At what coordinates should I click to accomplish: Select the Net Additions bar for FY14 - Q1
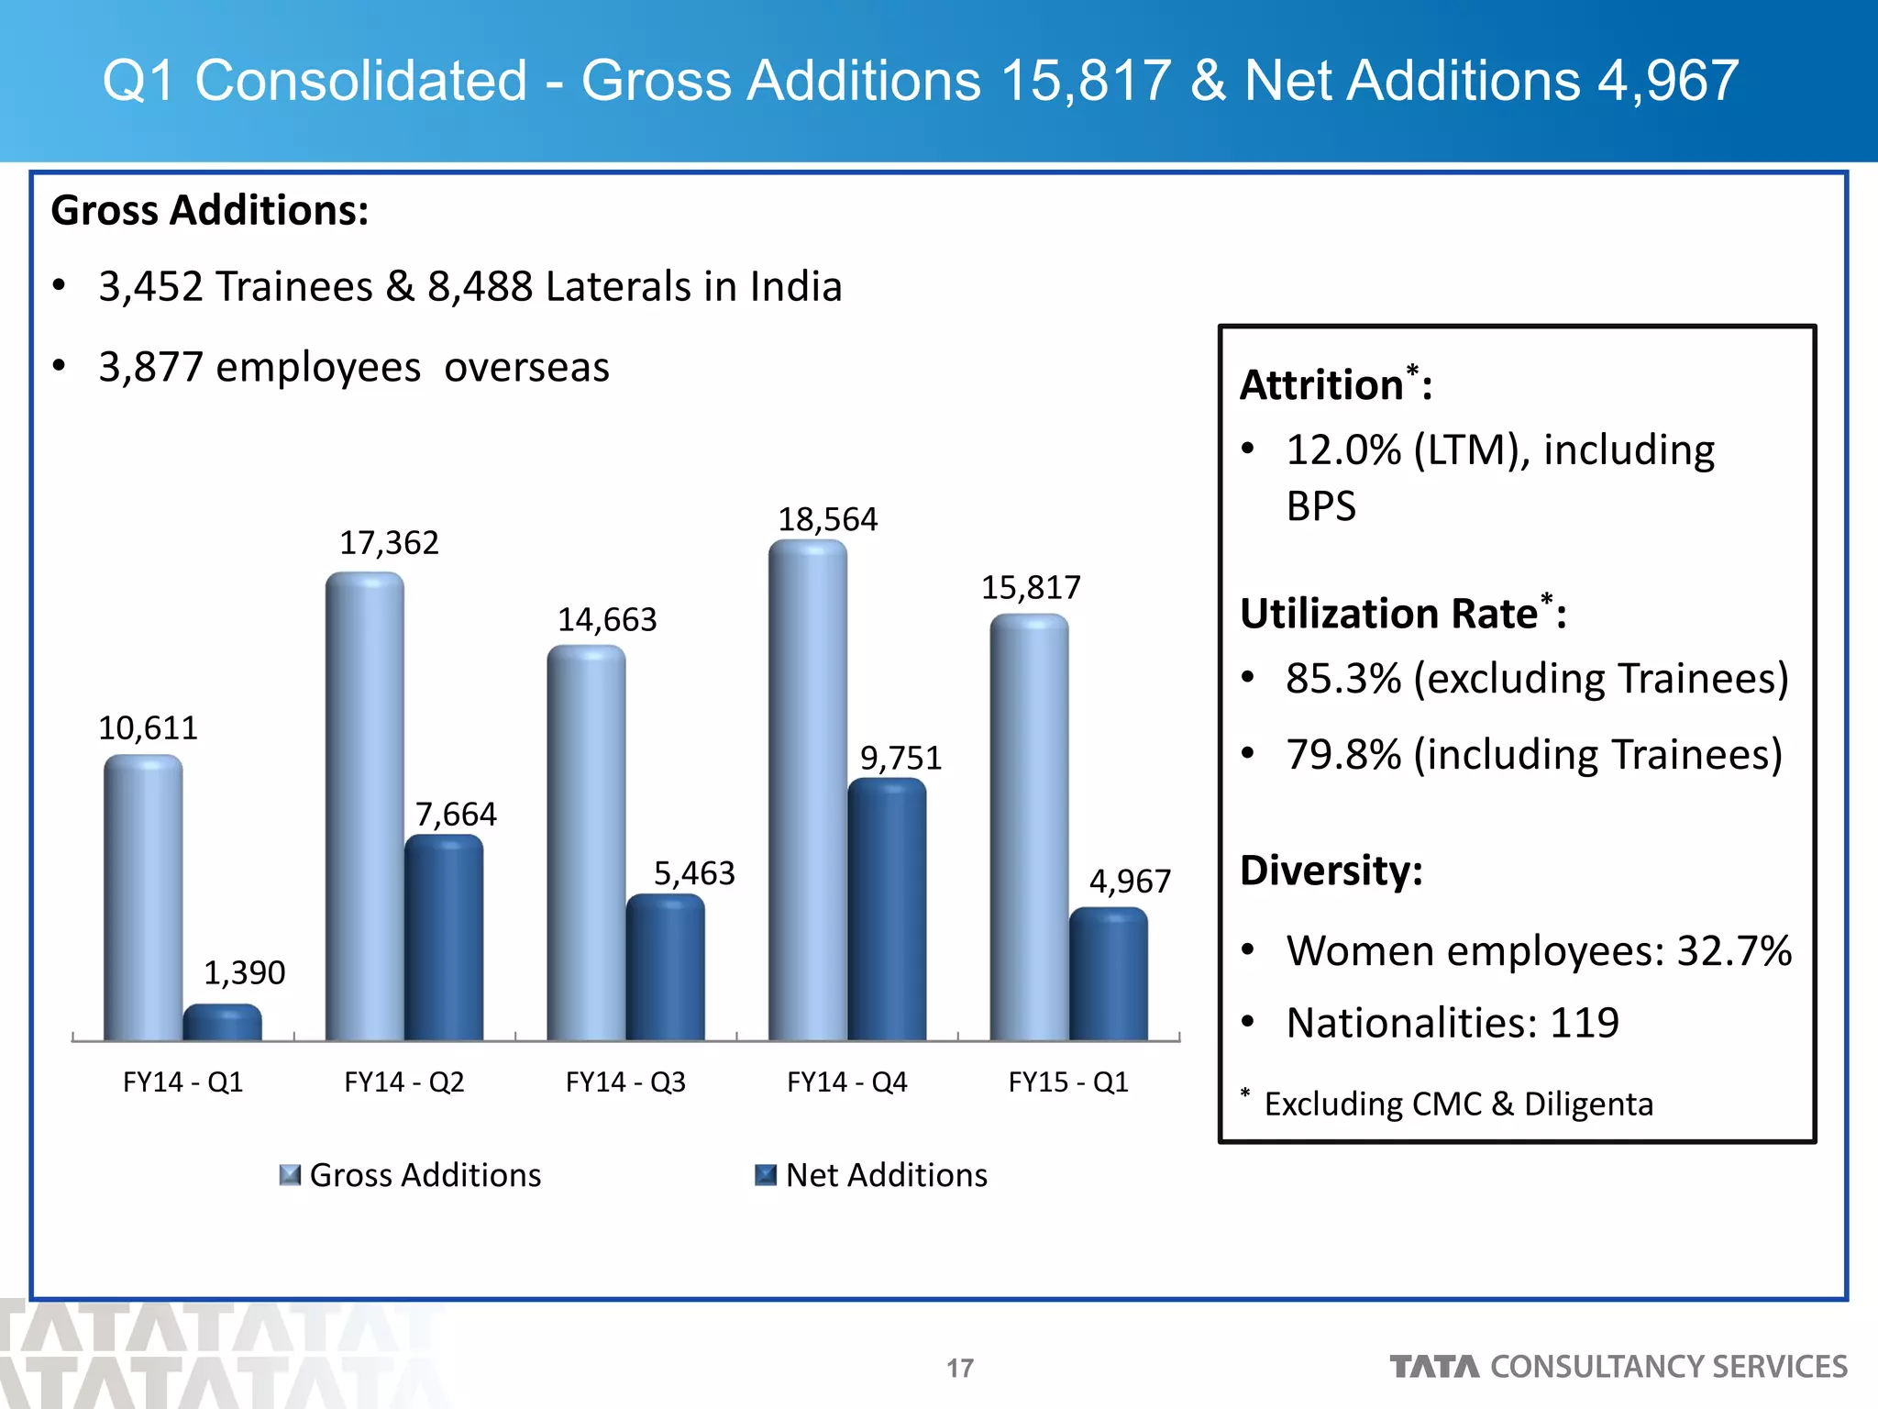click(x=222, y=1023)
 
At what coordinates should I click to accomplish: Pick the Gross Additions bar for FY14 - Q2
click(x=364, y=807)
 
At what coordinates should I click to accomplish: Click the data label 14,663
click(x=607, y=620)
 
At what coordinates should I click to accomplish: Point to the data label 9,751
click(x=900, y=758)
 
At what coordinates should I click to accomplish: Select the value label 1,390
click(x=244, y=972)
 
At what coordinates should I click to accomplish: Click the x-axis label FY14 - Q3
click(x=625, y=1082)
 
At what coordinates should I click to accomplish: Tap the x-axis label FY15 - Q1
click(x=1068, y=1082)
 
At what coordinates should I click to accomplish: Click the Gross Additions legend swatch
click(x=290, y=1175)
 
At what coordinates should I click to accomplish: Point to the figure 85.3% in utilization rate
click(x=1342, y=679)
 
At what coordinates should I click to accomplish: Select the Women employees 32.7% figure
click(x=1733, y=950)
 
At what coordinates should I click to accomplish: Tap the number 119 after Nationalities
click(x=1584, y=1023)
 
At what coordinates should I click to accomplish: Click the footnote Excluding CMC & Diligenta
click(x=1458, y=1104)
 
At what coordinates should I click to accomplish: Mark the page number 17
click(x=960, y=1368)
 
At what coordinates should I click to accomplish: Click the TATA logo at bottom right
click(x=1434, y=1367)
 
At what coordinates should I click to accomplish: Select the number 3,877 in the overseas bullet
click(x=150, y=368)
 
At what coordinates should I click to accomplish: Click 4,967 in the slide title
click(x=1667, y=81)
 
